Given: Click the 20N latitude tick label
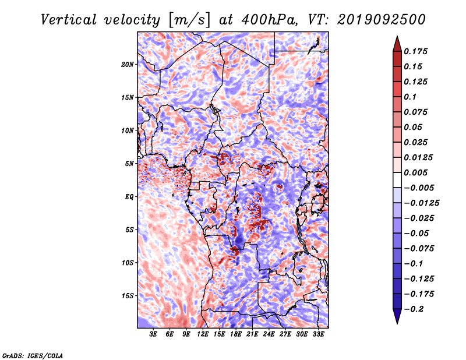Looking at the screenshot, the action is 127,65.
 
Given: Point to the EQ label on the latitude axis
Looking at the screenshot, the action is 129,197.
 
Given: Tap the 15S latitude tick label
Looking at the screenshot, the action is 127,296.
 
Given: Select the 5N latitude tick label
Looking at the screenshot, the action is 129,164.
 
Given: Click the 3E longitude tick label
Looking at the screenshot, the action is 153,334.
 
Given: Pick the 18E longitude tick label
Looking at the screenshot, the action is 236,334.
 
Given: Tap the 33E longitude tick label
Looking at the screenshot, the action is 318,334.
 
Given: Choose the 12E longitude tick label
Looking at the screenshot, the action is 203,334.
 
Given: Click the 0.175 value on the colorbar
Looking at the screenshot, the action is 415,51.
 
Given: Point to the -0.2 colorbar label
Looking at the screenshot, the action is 414,309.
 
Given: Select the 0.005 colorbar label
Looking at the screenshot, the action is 415,172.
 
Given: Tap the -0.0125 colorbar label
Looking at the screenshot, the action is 421,203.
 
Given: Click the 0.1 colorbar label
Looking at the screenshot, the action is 410,97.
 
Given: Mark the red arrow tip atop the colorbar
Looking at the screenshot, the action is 397,37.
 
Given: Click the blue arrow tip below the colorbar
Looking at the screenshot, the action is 397,323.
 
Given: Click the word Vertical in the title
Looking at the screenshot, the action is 68,20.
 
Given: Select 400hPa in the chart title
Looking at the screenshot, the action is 269,20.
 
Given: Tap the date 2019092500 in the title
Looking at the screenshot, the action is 382,20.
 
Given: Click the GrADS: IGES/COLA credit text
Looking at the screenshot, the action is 33,355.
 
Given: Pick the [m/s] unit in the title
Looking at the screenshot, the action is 189,20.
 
